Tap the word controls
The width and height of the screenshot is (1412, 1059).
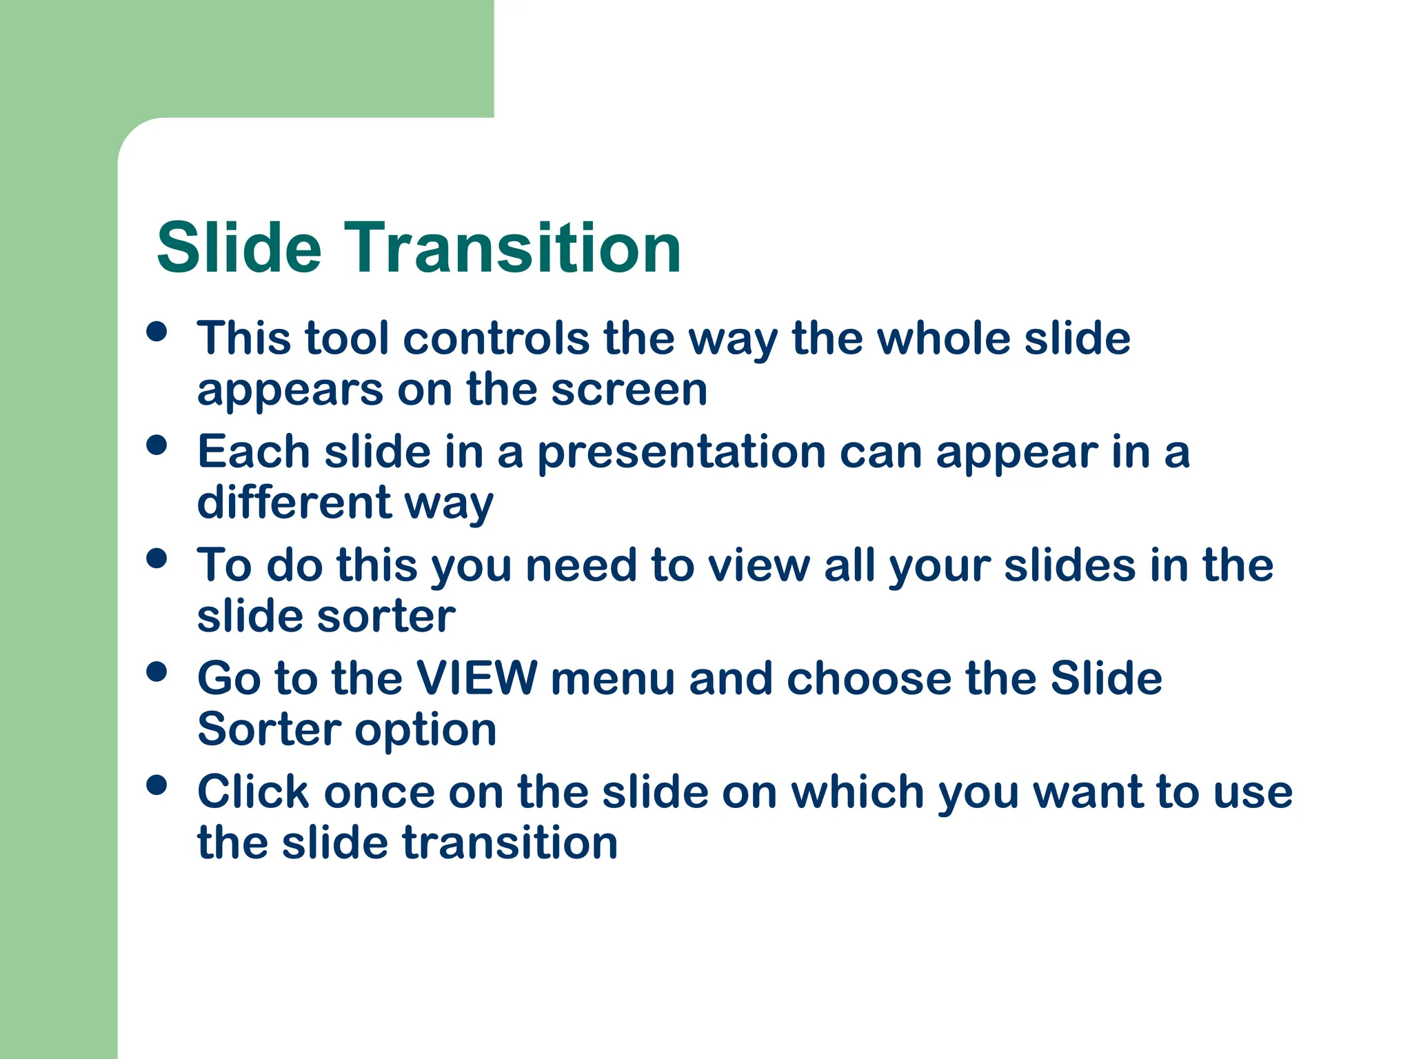click(x=496, y=339)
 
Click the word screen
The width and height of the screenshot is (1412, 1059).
click(x=629, y=390)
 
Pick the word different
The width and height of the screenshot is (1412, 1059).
click(x=294, y=503)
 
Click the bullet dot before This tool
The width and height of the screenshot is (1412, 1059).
click(x=157, y=332)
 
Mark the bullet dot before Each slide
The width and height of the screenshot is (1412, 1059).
click(x=157, y=445)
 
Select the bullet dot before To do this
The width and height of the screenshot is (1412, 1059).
click(x=157, y=558)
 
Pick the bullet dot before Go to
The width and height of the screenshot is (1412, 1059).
click(x=157, y=672)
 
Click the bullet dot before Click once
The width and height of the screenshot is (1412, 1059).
click(x=157, y=785)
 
